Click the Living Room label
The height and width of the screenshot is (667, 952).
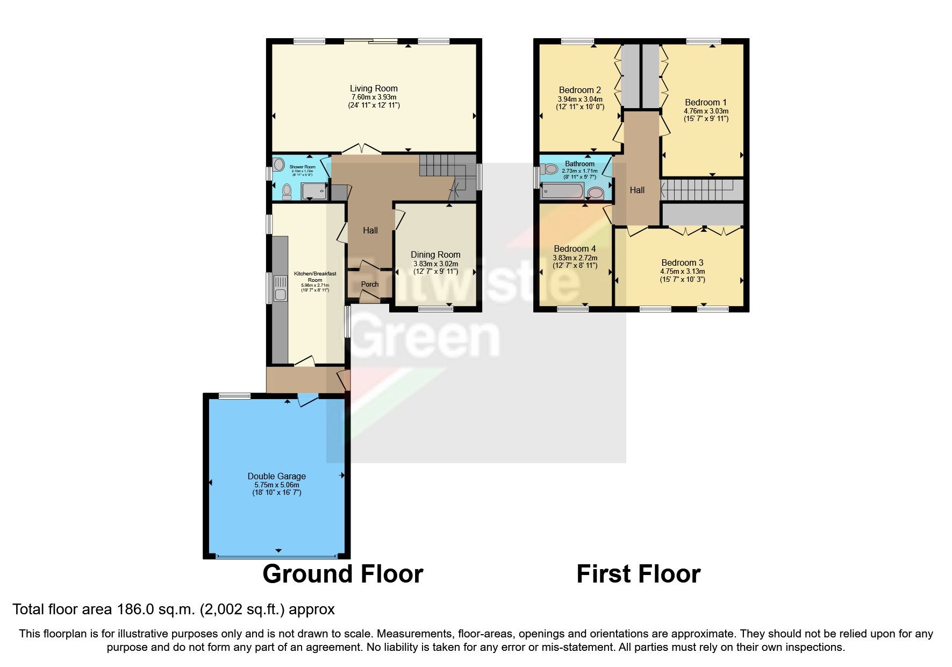coord(374,88)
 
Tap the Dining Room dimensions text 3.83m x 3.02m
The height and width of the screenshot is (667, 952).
coord(435,264)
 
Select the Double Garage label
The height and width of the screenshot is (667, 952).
coord(276,476)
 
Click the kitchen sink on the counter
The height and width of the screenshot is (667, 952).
coord(280,288)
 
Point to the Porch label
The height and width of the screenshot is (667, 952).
coord(370,284)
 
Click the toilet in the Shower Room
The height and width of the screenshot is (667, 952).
coord(287,190)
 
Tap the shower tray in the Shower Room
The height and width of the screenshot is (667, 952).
coord(314,191)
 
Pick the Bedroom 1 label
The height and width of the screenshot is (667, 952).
coord(705,102)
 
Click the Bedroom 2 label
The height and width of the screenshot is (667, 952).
coord(579,90)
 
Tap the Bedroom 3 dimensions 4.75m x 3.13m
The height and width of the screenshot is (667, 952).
coord(682,271)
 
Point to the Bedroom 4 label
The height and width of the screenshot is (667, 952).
coord(575,249)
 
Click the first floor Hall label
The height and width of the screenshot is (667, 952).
coord(637,190)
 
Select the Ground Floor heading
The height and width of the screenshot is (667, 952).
coord(342,574)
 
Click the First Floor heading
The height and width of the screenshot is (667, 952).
coord(638,574)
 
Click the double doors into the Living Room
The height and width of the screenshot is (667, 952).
coord(362,149)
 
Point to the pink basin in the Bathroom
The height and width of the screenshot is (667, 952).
coord(596,193)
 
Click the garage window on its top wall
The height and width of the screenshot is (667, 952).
coord(234,396)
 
